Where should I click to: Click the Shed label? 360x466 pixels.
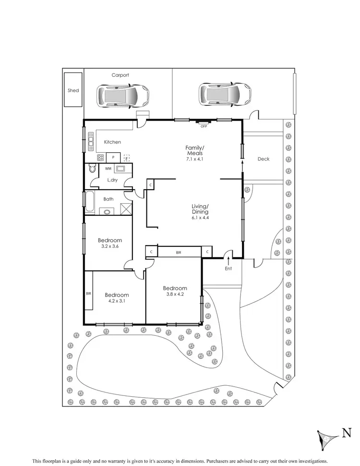coord(73,90)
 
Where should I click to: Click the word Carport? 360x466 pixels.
coord(120,75)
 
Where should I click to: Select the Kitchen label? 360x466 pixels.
coord(112,142)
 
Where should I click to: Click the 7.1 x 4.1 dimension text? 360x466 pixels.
coord(195,159)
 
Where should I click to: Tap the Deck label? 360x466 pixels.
coord(264,159)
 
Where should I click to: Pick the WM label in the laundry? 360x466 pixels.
coord(108,169)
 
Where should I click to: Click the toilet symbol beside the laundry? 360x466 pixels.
coord(92,169)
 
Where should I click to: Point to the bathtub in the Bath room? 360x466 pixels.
coord(90,201)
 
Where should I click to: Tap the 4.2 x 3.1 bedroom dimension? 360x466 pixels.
coord(117,301)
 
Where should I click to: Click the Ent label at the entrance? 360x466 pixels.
coord(228,269)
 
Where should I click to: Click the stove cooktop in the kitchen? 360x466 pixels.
coord(101,157)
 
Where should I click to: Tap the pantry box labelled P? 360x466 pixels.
coord(113,157)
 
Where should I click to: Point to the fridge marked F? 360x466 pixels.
coord(127,157)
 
